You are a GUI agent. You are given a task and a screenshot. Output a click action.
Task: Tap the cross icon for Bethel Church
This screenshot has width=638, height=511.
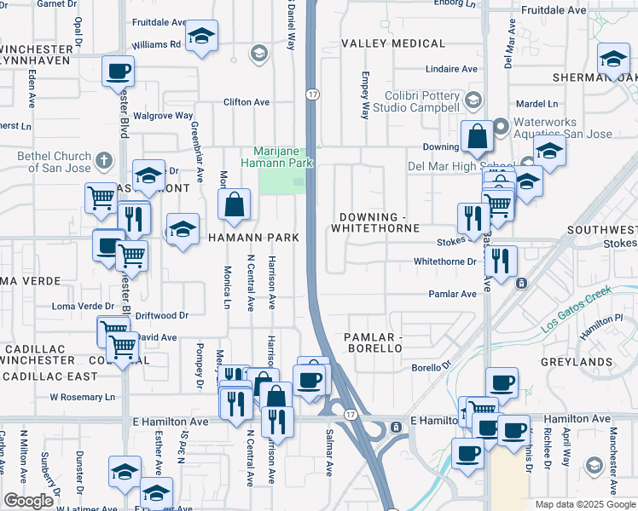pos(104,161)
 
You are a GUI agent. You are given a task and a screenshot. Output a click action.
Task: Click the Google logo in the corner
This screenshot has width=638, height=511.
pos(28,501)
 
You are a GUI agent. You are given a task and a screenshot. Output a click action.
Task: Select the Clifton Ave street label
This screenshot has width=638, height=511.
pos(246,102)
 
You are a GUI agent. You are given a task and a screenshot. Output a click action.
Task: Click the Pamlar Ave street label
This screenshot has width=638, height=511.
pos(452,294)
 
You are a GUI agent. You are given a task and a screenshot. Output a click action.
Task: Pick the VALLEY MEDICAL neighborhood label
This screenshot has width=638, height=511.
pos(393,43)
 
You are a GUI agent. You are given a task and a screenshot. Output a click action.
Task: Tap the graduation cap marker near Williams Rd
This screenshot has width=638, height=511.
pos(201,37)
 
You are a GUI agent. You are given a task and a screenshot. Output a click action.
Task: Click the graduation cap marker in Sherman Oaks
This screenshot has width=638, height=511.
pos(613,59)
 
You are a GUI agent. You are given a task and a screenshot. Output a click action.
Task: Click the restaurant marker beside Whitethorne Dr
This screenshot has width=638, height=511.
pos(502,261)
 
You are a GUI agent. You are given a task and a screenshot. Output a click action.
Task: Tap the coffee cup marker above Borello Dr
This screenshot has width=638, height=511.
pos(502,383)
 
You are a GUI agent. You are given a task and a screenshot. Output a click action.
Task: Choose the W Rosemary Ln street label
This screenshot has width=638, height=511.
pos(82,397)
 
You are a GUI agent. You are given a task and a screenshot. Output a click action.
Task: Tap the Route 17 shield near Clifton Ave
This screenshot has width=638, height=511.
pos(312,94)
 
